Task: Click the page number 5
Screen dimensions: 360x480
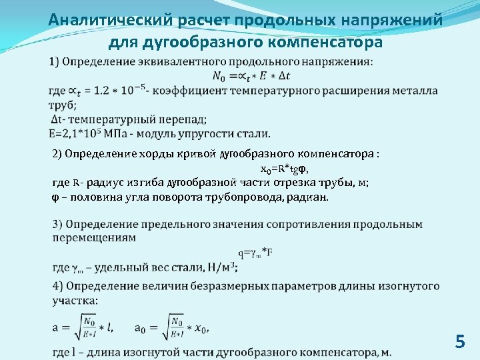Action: tap(459, 342)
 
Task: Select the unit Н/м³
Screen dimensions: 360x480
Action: tap(221, 267)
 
